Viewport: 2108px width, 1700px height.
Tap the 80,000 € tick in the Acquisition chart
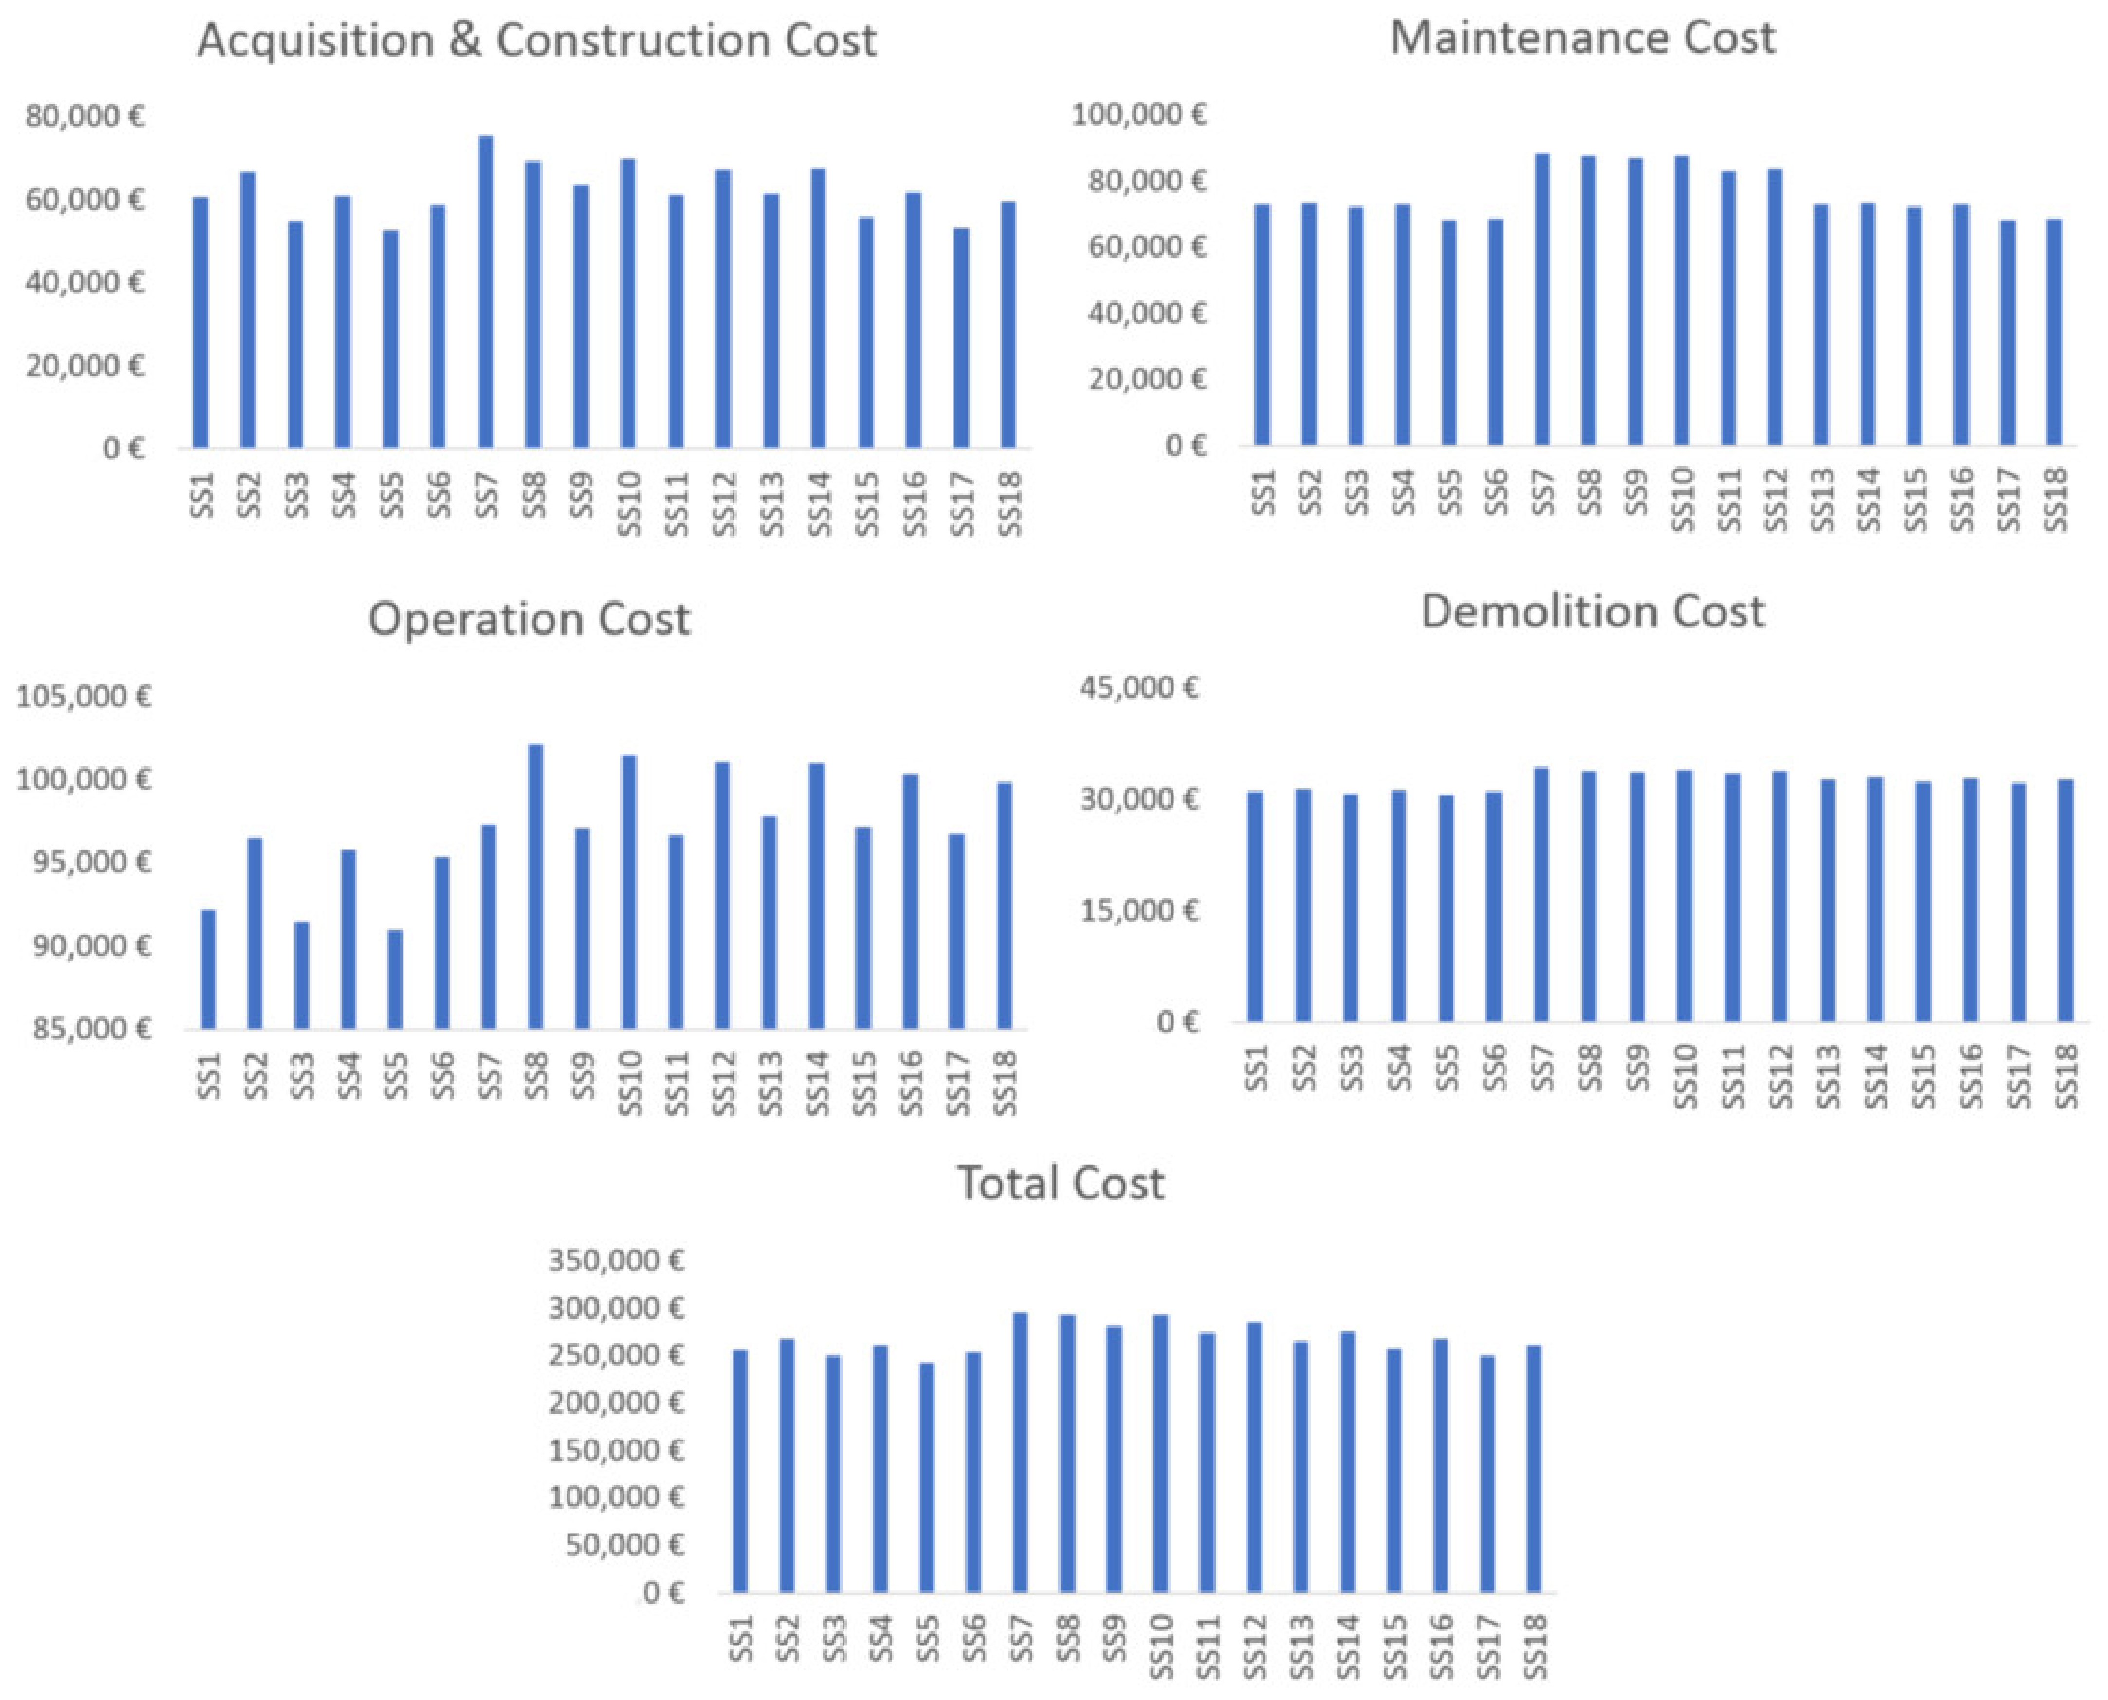pyautogui.click(x=85, y=116)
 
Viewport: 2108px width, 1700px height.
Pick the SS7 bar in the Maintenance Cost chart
pyautogui.click(x=1542, y=299)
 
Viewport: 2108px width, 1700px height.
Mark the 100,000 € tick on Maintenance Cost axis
pyautogui.click(x=1139, y=114)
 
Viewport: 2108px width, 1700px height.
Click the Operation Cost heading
pyautogui.click(x=529, y=620)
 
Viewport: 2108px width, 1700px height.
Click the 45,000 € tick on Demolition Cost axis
pyautogui.click(x=1139, y=687)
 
